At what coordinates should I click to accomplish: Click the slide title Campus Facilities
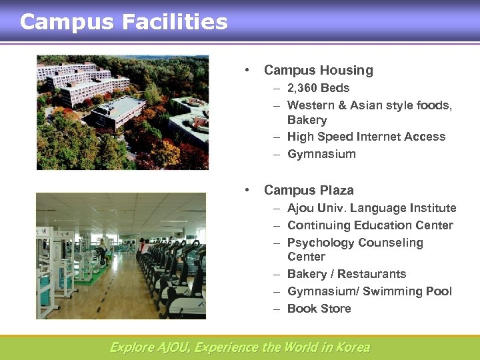coord(124,22)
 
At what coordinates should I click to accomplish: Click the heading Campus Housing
coord(318,70)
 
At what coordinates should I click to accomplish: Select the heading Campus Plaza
coord(309,190)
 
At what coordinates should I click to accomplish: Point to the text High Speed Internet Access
coord(366,137)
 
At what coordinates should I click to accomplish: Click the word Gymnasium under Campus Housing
coord(321,154)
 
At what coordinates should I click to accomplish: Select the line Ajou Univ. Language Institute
coord(371,208)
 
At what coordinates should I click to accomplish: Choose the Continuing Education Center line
coord(370,225)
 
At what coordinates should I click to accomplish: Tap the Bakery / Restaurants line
coord(346,274)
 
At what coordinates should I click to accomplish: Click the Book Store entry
coord(319,309)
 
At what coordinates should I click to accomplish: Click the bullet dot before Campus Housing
coord(247,70)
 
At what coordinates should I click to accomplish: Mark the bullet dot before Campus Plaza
coord(247,190)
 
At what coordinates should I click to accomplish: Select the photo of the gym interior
coord(121,256)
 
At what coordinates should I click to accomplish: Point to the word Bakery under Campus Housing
coord(307,120)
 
